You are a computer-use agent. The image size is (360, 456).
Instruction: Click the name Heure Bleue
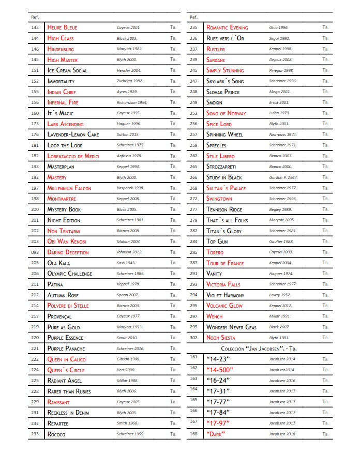point(62,27)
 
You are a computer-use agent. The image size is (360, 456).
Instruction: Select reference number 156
point(35,102)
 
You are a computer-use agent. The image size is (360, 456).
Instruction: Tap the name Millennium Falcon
point(69,188)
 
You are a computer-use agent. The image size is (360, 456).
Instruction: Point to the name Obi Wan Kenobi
point(66,241)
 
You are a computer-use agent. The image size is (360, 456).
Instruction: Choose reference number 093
point(35,252)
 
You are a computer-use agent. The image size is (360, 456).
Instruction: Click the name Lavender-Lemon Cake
point(73,134)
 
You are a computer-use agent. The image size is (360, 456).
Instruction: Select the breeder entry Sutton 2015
point(128,134)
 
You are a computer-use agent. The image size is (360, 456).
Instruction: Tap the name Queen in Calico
point(66,359)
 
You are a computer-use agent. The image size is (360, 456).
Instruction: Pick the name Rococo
point(56,434)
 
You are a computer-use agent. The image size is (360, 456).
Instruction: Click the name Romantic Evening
point(227,27)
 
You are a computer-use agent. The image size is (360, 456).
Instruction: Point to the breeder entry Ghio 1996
point(279,27)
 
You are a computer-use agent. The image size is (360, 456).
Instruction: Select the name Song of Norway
point(226,113)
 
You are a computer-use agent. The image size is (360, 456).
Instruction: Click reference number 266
point(194,177)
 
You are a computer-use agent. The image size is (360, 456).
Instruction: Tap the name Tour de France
point(225,263)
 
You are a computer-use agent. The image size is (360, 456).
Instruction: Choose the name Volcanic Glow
point(224,306)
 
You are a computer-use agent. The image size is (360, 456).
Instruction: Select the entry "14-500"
point(220,370)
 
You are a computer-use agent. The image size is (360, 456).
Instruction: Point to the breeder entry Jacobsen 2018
point(282,434)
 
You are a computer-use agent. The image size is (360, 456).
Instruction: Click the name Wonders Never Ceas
point(231,327)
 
